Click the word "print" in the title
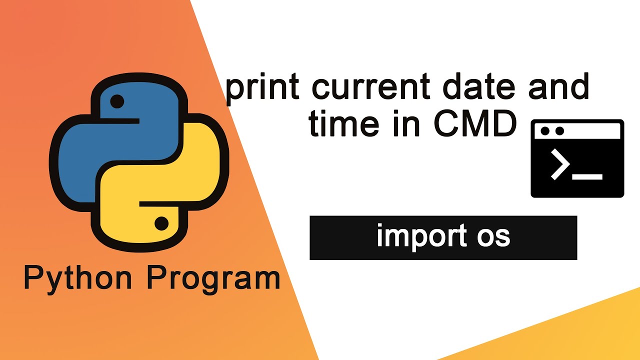click(x=262, y=89)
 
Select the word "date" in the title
click(x=479, y=85)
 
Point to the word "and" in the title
click(x=559, y=85)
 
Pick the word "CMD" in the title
click(x=475, y=123)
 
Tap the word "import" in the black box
click(x=422, y=236)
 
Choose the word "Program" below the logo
click(x=213, y=279)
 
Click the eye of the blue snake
click(x=117, y=101)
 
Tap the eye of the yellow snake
click(x=161, y=223)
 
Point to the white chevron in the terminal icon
click(x=560, y=164)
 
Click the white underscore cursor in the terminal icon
click(x=587, y=177)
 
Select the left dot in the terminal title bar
click(x=545, y=131)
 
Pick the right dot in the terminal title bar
click(x=559, y=131)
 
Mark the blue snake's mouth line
click(x=120, y=121)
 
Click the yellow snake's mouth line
click(x=159, y=203)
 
